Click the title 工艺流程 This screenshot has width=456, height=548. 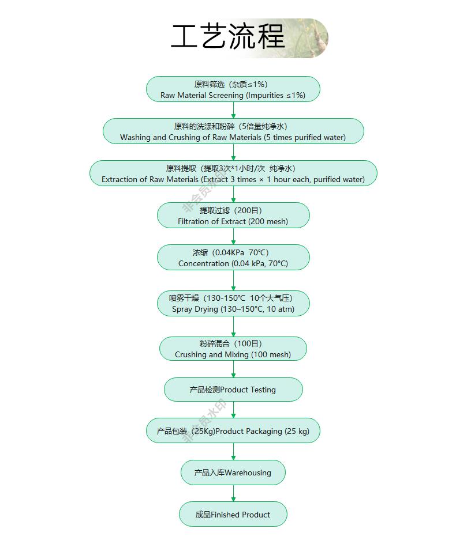228,37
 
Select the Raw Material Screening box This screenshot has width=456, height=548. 233,89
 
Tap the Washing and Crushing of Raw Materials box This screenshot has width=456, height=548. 233,131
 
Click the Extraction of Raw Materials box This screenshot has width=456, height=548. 233,173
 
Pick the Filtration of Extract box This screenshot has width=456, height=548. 233,216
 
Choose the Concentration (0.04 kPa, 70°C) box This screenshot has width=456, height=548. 233,258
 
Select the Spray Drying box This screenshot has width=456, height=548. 233,303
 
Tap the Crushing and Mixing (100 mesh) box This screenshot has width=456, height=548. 233,349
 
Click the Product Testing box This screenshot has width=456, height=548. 233,390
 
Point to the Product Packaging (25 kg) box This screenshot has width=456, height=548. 233,431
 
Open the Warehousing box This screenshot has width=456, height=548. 233,473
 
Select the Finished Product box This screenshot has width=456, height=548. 233,515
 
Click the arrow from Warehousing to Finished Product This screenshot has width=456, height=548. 233,494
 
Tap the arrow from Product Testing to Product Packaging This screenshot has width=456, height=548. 233,410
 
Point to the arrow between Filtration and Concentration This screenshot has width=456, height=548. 233,236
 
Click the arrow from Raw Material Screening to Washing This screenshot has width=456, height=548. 233,110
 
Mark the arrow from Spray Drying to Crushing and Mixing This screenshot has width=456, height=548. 233,326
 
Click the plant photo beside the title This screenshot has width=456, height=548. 309,38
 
